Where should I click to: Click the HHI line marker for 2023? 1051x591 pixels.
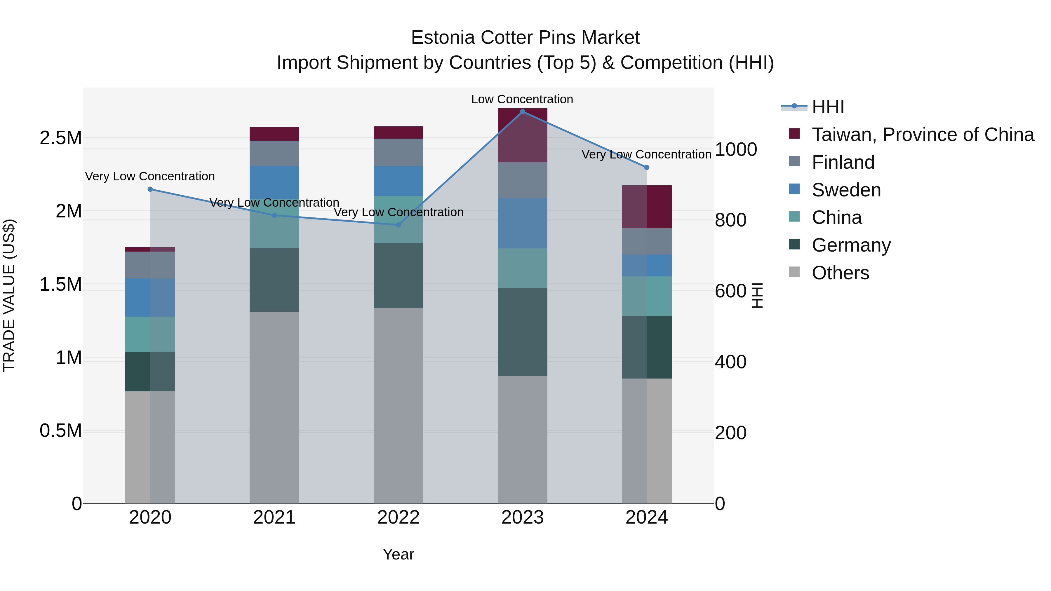pos(522,112)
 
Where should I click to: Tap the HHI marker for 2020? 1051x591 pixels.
pos(150,189)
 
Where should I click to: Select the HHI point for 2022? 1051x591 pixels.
pos(399,225)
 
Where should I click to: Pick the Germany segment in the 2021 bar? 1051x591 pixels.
pos(274,280)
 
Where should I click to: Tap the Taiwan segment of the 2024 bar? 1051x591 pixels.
pos(647,207)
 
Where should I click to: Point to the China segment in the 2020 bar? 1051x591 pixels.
pos(150,334)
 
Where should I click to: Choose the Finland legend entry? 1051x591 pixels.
pos(843,162)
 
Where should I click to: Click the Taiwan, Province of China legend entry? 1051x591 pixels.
pos(923,135)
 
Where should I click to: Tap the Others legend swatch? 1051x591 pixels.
pos(794,272)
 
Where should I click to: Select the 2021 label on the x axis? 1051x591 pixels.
pos(274,517)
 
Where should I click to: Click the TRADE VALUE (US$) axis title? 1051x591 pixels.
pos(9,295)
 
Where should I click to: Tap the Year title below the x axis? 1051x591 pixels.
pos(398,554)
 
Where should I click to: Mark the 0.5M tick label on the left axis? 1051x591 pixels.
pos(61,431)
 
